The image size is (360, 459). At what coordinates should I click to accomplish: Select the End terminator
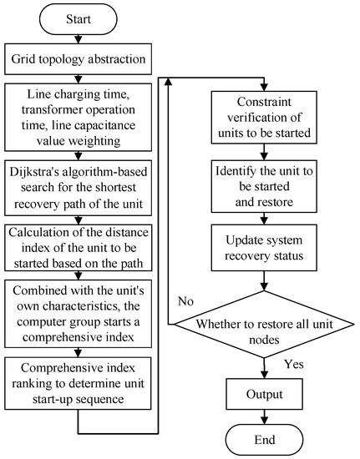coord(266,438)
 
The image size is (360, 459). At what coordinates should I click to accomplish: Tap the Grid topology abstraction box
coord(77,59)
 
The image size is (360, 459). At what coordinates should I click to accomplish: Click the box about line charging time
coord(77,110)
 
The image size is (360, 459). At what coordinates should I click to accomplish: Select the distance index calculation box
coord(77,235)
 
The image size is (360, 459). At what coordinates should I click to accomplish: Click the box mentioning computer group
coord(77,299)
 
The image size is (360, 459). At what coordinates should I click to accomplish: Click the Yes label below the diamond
coord(294,364)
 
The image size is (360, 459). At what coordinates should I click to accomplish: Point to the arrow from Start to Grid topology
coord(77,39)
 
